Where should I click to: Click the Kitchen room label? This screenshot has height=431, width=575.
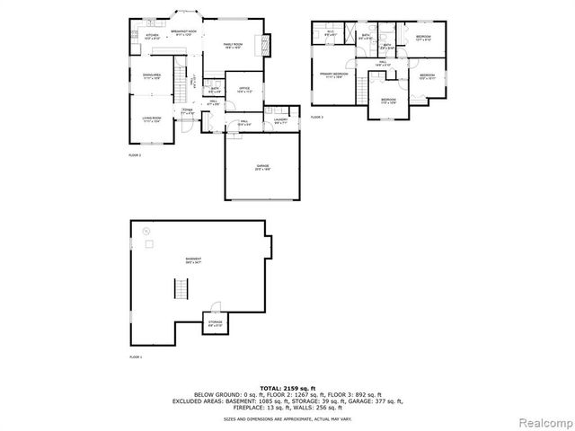(x=152, y=37)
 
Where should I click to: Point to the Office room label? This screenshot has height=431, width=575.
(x=243, y=90)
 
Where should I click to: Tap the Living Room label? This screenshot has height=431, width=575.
(x=150, y=119)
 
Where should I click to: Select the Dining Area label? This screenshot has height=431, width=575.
(x=152, y=76)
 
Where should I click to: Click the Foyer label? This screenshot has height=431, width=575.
(x=188, y=111)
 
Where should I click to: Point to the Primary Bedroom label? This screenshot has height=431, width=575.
(x=333, y=75)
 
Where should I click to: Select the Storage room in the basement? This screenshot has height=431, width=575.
(x=216, y=323)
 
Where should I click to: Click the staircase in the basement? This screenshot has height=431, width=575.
(x=179, y=290)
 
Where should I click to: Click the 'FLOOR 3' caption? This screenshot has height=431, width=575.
(x=317, y=117)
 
